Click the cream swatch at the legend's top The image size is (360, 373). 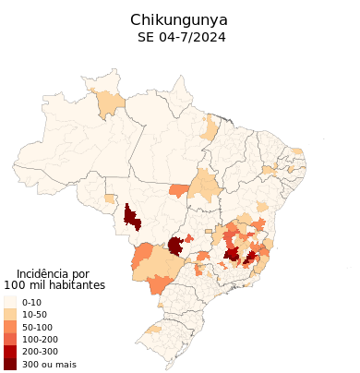pyautogui.click(x=9, y=302)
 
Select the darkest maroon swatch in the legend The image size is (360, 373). pyautogui.click(x=9, y=364)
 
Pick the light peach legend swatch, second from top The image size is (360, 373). pyautogui.click(x=9, y=314)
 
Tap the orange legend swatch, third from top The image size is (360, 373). pyautogui.click(x=9, y=326)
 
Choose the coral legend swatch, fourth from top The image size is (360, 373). pyautogui.click(x=9, y=338)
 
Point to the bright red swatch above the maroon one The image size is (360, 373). pyautogui.click(x=9, y=351)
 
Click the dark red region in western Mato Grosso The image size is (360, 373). pyautogui.click(x=131, y=219)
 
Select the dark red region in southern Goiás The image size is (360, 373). pyautogui.click(x=174, y=246)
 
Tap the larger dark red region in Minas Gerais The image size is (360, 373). pyautogui.click(x=232, y=254)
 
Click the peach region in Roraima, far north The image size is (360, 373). pyautogui.click(x=111, y=103)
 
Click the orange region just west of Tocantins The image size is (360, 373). pyautogui.click(x=179, y=190)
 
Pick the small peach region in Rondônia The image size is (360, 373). pyautogui.click(x=110, y=199)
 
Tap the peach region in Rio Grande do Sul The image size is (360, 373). pyautogui.click(x=154, y=328)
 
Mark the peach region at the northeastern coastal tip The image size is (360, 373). pyautogui.click(x=297, y=151)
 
